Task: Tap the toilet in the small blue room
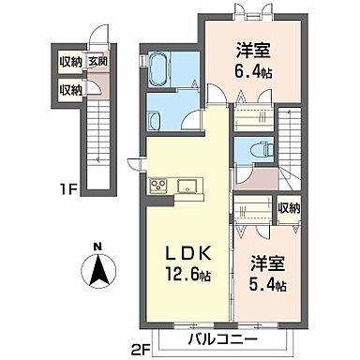tap(258, 150)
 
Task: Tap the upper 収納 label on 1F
tap(70, 63)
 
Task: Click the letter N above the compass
tap(99, 247)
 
